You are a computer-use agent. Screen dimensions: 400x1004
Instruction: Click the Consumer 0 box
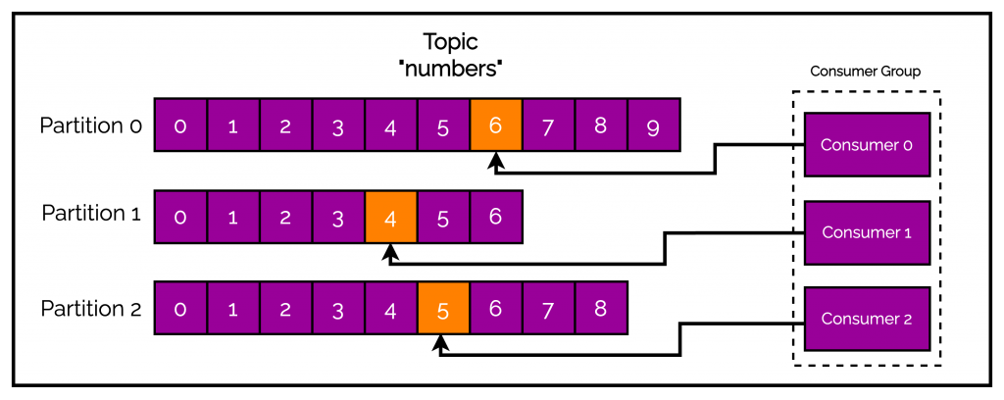pos(867,144)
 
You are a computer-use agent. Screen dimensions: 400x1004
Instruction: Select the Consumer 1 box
pos(867,232)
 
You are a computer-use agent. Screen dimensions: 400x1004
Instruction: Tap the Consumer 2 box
pos(867,319)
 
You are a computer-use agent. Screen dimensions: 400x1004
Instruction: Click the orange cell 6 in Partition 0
pos(496,125)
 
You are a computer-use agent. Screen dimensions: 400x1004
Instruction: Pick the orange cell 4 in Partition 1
pos(390,218)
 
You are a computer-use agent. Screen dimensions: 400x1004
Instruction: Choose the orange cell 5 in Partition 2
pos(443,309)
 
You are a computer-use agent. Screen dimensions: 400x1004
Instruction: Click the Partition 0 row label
pos(91,125)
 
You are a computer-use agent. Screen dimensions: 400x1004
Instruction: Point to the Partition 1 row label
pos(91,215)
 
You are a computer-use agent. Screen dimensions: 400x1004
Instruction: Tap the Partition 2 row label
pos(91,309)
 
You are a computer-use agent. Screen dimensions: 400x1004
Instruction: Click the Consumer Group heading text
pos(866,72)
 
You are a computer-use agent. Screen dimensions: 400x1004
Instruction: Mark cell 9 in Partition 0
pos(654,125)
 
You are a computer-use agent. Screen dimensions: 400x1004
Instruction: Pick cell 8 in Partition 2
pos(601,309)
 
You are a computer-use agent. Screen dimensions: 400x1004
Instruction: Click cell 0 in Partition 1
pos(180,218)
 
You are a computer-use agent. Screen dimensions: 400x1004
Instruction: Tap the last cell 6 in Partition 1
pos(496,218)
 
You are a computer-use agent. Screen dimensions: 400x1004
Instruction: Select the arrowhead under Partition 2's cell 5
pos(443,344)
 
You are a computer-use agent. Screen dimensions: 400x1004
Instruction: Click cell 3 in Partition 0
pos(338,125)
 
